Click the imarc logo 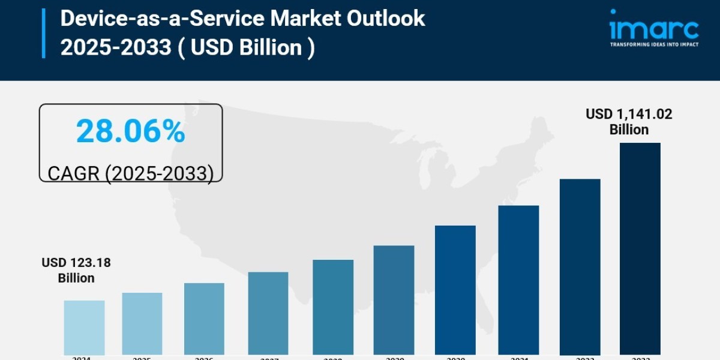click(x=654, y=28)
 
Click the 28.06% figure click(x=131, y=132)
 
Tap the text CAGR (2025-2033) click(x=131, y=173)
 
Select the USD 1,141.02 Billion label click(x=629, y=122)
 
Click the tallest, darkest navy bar click(x=640, y=248)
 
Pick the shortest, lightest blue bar click(x=84, y=327)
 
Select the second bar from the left click(x=142, y=323)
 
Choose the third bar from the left click(x=204, y=319)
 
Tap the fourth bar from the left click(x=268, y=313)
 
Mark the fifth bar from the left click(x=333, y=307)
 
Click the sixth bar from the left click(x=394, y=299)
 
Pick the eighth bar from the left click(x=518, y=280)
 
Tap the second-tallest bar click(x=580, y=266)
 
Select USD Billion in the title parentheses click(x=247, y=47)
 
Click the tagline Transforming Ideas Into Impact click(x=654, y=44)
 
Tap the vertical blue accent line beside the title click(x=44, y=33)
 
